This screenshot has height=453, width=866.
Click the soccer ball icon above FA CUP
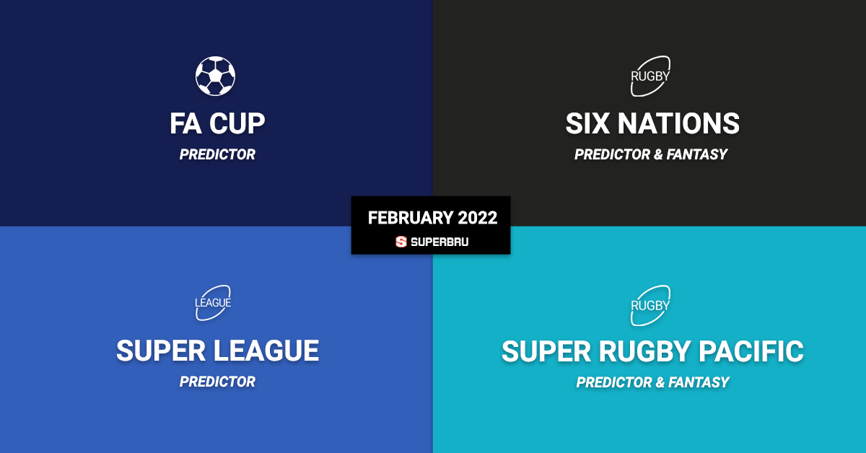215,76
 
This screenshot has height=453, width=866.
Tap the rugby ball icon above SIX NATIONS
650,76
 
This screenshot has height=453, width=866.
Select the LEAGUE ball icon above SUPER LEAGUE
213,303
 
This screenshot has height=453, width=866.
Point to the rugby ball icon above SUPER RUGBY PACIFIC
650,305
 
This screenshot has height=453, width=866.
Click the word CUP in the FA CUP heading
237,124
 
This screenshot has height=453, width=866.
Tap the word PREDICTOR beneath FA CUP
217,154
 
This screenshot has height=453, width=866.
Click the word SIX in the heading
588,124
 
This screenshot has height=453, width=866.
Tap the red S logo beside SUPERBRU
401,242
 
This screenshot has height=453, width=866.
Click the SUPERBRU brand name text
439,242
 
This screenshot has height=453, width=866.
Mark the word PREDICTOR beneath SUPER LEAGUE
217,382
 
